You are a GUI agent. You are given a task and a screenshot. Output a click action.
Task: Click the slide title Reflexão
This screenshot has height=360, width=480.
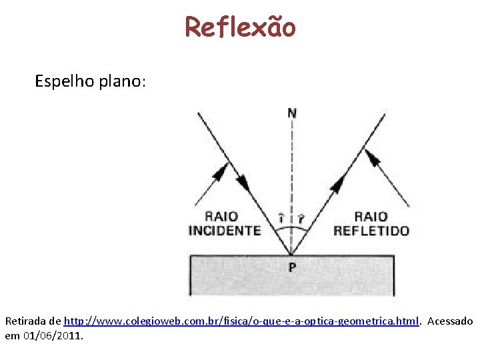(240, 27)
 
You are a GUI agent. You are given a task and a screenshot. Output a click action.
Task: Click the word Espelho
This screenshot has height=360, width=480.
(63, 82)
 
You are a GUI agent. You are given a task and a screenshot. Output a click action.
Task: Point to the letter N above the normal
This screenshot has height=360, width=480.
(292, 113)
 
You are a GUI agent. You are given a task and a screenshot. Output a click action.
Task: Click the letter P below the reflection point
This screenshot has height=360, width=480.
(292, 267)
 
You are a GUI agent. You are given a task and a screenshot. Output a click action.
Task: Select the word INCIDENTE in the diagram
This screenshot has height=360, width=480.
(225, 231)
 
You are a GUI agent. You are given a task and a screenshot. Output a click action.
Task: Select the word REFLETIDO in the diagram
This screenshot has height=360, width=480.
(371, 231)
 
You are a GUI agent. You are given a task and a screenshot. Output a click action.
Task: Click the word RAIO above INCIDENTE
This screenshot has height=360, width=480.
(221, 216)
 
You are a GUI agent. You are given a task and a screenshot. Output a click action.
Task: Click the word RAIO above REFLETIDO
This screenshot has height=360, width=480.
(371, 216)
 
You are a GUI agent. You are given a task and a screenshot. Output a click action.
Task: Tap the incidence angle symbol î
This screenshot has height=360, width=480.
(281, 218)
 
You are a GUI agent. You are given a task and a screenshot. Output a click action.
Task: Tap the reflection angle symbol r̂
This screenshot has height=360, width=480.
(301, 218)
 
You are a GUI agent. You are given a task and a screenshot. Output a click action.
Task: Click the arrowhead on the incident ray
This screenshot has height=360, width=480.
(243, 181)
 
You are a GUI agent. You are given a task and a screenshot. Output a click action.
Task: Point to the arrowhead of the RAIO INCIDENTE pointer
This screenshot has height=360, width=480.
(218, 171)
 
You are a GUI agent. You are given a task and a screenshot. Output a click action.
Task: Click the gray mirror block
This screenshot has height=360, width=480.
(292, 283)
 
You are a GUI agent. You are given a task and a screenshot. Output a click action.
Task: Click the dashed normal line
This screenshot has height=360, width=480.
(292, 173)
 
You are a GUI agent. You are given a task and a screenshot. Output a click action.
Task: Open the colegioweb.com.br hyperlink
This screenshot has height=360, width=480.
(241, 321)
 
